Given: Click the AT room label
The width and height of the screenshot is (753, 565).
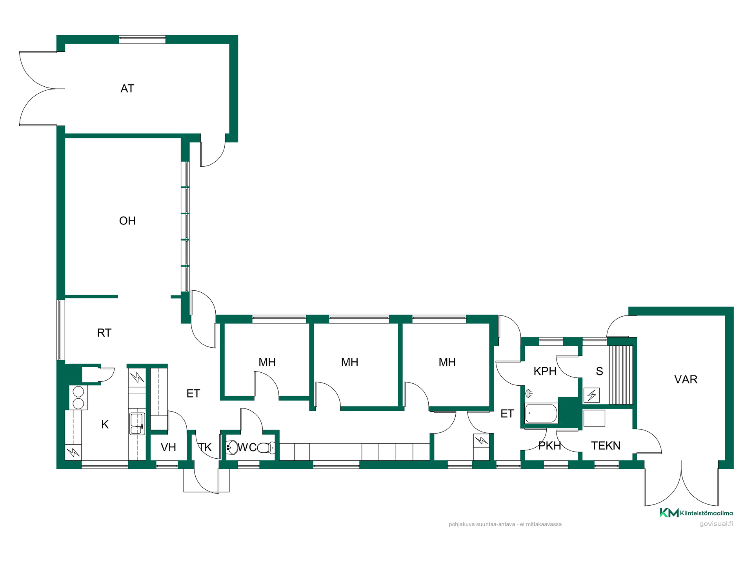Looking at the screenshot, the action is [x=127, y=89].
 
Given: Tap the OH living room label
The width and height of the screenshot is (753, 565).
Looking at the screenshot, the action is [x=127, y=221].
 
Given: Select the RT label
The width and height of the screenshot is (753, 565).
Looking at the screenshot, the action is [x=104, y=333].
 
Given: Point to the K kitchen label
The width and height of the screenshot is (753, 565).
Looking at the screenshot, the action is [x=105, y=425].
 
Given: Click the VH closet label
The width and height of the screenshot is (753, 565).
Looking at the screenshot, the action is [x=169, y=447].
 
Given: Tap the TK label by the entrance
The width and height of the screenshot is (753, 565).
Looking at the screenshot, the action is [x=205, y=447].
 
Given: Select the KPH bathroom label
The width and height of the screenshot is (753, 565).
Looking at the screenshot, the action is [x=545, y=371].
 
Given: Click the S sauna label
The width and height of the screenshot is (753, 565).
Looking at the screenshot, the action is [x=599, y=371].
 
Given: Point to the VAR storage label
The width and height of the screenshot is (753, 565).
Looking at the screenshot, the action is [x=686, y=379].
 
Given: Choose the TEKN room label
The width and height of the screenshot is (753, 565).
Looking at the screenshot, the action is [x=606, y=446].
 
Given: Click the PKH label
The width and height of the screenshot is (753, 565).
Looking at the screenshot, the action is [x=549, y=446].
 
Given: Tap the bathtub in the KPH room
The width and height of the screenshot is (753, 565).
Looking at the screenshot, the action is [x=541, y=414].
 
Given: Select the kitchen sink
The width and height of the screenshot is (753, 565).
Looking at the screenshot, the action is [x=137, y=424].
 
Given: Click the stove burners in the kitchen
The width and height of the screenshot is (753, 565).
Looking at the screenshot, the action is [x=78, y=397].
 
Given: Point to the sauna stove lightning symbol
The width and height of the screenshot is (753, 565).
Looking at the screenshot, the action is [x=591, y=395].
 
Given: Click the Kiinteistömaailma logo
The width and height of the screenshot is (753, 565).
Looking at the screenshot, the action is [x=696, y=513].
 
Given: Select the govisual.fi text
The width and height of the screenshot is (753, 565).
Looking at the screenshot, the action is [x=716, y=524].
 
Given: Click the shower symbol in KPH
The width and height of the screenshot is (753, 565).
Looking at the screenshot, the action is [x=529, y=393].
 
